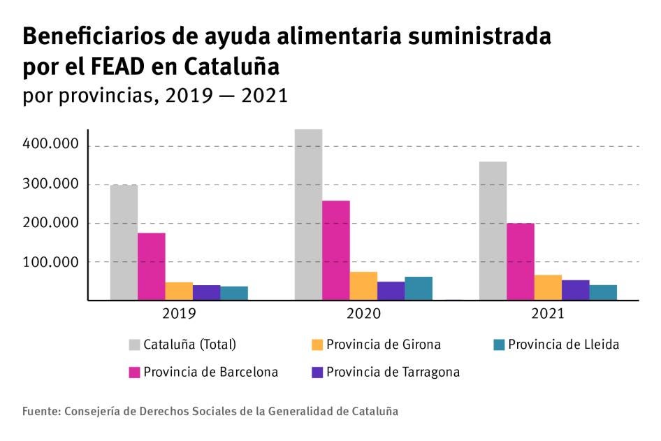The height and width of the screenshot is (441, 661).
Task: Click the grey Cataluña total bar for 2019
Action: click(124, 243)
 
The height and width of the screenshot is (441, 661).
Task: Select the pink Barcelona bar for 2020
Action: click(335, 250)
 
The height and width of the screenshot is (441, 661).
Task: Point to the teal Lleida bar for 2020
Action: click(419, 288)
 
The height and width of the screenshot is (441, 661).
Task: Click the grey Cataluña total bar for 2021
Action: click(493, 231)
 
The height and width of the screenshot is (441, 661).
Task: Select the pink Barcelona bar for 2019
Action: click(151, 266)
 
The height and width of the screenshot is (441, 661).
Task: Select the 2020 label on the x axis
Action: click(363, 313)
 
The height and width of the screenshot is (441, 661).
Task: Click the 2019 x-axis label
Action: click(179, 313)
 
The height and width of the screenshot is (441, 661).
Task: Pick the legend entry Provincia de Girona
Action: click(383, 345)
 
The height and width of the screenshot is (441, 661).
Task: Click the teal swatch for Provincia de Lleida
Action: click(498, 345)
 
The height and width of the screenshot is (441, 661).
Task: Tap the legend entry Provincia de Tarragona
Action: click(392, 373)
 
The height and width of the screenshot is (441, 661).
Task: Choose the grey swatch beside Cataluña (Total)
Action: click(134, 345)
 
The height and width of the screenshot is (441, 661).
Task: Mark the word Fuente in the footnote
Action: click(40, 412)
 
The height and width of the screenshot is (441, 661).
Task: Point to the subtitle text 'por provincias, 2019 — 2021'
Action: click(155, 95)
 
